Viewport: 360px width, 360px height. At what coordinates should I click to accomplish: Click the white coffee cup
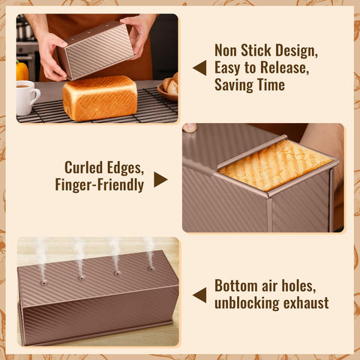click(x=27, y=97)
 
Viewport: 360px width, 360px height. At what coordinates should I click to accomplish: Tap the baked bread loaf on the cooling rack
click(x=100, y=97)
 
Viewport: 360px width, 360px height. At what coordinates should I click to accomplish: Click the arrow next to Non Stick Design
click(x=199, y=67)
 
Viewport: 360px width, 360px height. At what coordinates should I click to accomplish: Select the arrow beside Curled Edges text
click(x=160, y=179)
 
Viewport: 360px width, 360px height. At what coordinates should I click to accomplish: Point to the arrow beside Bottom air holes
click(x=199, y=295)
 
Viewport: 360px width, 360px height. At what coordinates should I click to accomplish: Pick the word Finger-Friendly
click(x=99, y=184)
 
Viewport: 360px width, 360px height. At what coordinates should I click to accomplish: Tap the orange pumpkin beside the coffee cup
click(x=22, y=71)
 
